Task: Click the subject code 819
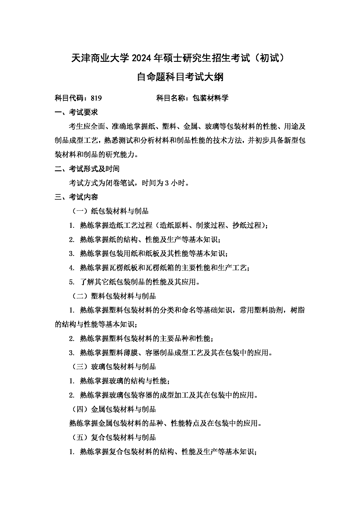[x=96, y=98]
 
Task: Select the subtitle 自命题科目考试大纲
[x=180, y=77]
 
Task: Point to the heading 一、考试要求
[x=76, y=112]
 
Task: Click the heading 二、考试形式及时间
[x=87, y=169]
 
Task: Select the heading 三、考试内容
[x=76, y=197]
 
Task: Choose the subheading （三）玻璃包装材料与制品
[x=114, y=367]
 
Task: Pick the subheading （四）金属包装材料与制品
[x=114, y=409]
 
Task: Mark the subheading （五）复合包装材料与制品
[x=114, y=437]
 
